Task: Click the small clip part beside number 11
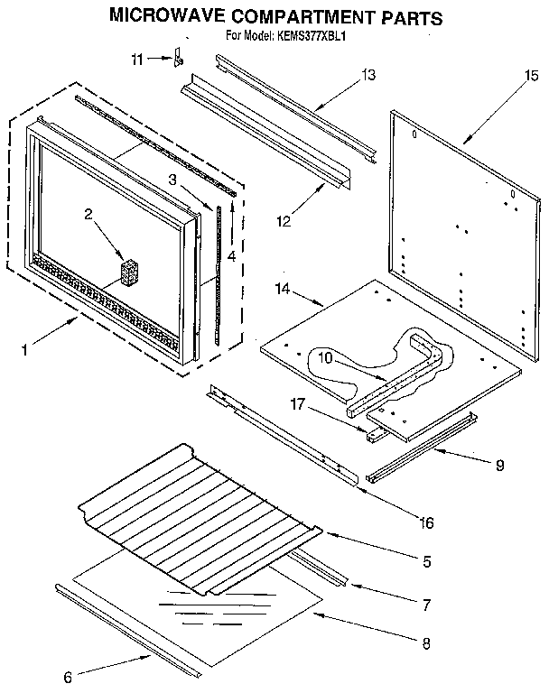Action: [x=179, y=60]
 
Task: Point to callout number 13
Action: [x=368, y=75]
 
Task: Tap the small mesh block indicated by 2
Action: [x=131, y=273]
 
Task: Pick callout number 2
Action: [x=89, y=214]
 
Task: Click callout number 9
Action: [x=498, y=466]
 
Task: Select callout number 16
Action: [x=426, y=522]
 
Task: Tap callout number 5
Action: [x=424, y=560]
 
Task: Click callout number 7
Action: [x=424, y=601]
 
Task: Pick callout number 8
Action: [x=424, y=643]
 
